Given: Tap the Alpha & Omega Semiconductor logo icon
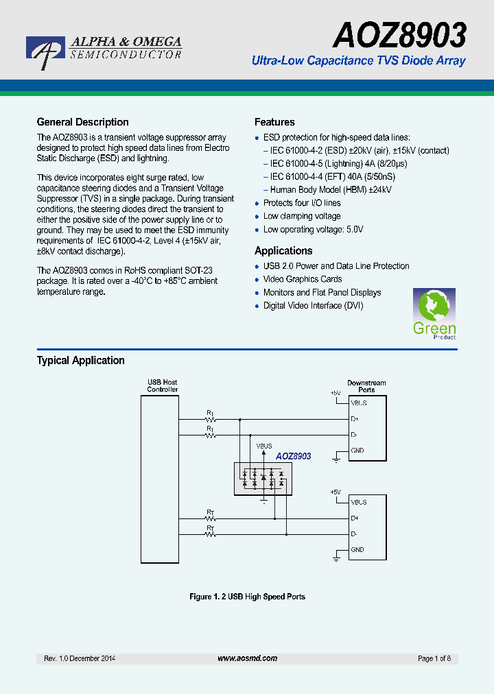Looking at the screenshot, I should click(45, 51).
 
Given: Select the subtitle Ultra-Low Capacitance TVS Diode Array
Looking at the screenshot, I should click(358, 61).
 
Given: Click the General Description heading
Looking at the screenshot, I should click(82, 122).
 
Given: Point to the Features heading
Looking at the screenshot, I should click(274, 122).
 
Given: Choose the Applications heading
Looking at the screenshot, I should click(283, 251).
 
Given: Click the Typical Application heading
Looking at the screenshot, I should click(80, 361).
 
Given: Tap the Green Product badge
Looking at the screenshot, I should click(434, 314).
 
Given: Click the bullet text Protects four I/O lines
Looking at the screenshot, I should click(302, 203).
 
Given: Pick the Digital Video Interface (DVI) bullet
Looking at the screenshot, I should click(313, 306).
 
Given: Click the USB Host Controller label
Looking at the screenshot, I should click(163, 386).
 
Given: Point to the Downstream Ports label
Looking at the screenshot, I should click(366, 386).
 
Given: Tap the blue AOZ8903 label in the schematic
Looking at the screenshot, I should click(294, 456).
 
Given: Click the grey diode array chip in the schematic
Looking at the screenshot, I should click(263, 478).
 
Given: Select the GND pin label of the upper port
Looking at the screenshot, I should click(357, 451).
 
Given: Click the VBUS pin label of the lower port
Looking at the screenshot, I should click(359, 502).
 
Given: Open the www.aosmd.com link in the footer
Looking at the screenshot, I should click(247, 658).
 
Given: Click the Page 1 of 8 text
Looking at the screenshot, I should click(434, 658).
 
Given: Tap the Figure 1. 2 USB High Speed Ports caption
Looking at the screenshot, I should click(247, 597).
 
